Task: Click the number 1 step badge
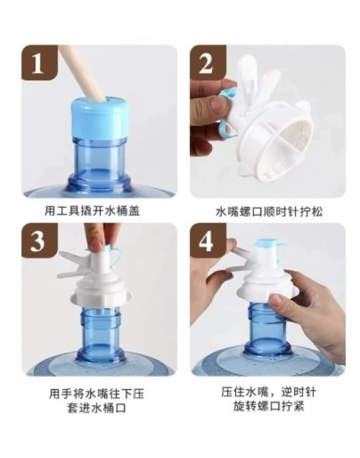pos(40,62)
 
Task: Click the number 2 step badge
pos(208,62)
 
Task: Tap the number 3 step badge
pos(40,240)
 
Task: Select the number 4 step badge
pos(208,240)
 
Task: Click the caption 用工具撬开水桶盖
pos(92,210)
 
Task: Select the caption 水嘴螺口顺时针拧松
pos(269,211)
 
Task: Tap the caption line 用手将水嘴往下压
pos(97,393)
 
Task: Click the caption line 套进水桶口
pos(97,408)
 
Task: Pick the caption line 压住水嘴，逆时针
pos(268,392)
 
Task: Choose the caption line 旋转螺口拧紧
pos(268,406)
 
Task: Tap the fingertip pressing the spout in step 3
pos(96,244)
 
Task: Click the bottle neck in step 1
pos(98,164)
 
